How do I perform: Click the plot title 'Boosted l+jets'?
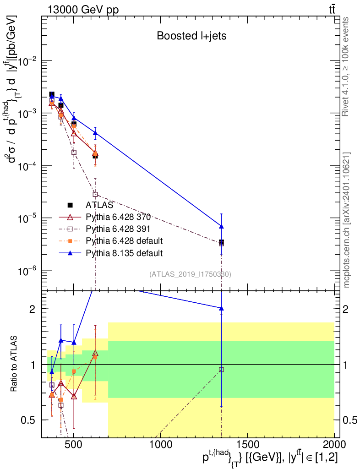[191, 36]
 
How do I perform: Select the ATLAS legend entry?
[90, 205]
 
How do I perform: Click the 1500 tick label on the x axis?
[247, 444]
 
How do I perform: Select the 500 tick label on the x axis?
[74, 444]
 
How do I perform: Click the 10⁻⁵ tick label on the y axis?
[27, 218]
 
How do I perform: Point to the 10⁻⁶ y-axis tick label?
[27, 271]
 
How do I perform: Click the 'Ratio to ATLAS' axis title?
[13, 364]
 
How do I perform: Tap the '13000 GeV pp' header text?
[83, 10]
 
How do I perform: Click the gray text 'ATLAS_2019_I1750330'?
[190, 274]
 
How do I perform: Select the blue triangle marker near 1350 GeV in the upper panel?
[221, 226]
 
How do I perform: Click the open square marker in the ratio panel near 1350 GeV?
[221, 370]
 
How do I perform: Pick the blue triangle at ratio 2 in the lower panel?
[221, 308]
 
